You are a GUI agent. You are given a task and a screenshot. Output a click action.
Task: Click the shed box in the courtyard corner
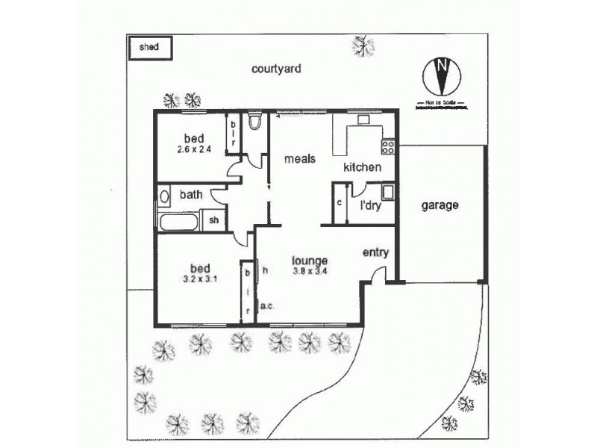(150, 47)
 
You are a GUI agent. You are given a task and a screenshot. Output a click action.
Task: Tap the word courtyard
(275, 69)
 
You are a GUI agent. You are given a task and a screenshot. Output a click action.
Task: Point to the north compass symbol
(441, 74)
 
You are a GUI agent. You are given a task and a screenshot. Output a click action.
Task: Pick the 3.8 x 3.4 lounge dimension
(310, 271)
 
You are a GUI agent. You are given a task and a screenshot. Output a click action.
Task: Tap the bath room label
(190, 195)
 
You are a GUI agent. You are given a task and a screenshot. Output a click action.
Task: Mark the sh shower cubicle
(213, 220)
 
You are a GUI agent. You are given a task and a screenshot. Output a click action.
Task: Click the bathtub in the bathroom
(178, 221)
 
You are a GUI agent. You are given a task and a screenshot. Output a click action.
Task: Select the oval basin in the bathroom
(164, 198)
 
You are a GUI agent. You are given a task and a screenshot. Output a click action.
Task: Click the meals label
(299, 159)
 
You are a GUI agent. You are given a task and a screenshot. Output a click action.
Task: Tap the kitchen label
(362, 167)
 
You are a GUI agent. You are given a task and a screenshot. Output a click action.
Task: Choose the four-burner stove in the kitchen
(387, 143)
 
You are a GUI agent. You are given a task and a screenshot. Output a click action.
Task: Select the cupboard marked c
(339, 203)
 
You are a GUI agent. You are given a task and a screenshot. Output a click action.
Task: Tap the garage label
(438, 205)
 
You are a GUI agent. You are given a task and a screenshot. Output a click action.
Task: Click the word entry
(375, 252)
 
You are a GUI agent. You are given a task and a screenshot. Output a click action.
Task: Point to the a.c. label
(267, 305)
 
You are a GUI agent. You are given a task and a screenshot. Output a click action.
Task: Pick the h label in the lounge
(264, 271)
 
